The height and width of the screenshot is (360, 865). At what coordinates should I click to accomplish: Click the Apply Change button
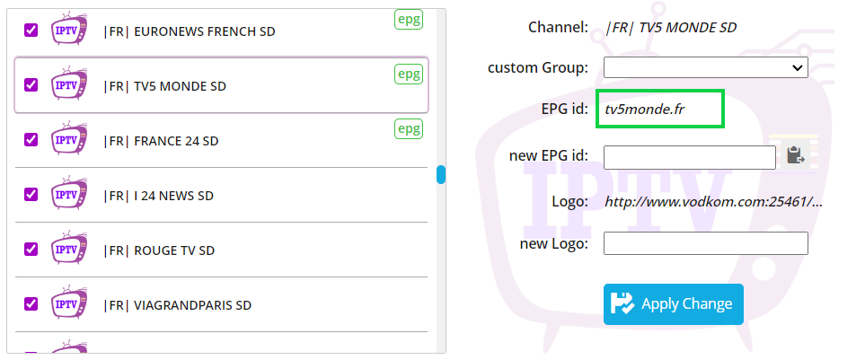pyautogui.click(x=673, y=303)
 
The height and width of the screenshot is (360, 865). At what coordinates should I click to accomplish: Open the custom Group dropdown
pyautogui.click(x=706, y=68)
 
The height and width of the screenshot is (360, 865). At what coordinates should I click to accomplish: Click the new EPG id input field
pyautogui.click(x=690, y=158)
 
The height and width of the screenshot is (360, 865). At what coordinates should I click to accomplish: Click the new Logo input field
pyautogui.click(x=706, y=243)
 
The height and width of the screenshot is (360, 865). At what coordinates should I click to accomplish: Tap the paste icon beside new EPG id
pyautogui.click(x=795, y=155)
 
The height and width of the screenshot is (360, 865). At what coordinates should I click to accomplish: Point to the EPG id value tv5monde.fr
pyautogui.click(x=644, y=110)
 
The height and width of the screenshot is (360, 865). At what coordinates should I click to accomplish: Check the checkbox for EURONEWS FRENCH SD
pyautogui.click(x=31, y=31)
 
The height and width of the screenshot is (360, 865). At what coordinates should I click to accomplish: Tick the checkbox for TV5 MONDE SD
pyautogui.click(x=31, y=85)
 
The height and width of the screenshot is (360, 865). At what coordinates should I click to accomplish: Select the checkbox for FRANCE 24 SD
pyautogui.click(x=31, y=139)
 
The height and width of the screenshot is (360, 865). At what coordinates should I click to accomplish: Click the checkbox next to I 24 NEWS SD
pyautogui.click(x=31, y=194)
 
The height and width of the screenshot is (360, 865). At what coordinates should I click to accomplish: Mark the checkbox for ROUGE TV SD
pyautogui.click(x=31, y=249)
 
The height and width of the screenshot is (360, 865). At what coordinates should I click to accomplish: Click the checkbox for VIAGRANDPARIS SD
pyautogui.click(x=31, y=303)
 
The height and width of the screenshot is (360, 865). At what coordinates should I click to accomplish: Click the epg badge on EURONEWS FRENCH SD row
pyautogui.click(x=409, y=20)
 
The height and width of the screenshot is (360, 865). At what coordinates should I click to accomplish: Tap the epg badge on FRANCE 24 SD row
pyautogui.click(x=409, y=129)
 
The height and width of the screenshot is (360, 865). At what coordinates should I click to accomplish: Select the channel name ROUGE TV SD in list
pyautogui.click(x=159, y=250)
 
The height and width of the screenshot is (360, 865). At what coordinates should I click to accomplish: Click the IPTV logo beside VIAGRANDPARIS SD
pyautogui.click(x=69, y=303)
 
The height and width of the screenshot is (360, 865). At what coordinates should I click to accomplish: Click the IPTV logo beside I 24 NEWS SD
pyautogui.click(x=69, y=194)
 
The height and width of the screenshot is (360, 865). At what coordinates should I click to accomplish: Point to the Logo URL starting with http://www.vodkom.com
pyautogui.click(x=714, y=202)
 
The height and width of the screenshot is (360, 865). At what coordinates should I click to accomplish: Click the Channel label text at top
pyautogui.click(x=559, y=27)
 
